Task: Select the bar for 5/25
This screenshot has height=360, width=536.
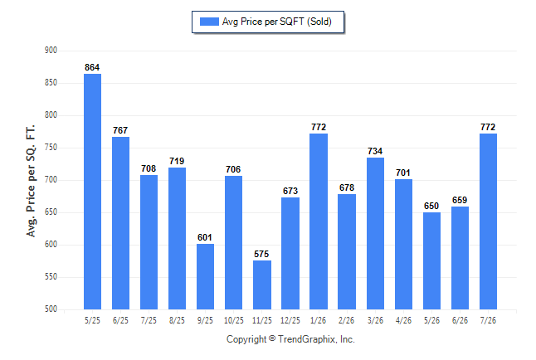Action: (x=92, y=192)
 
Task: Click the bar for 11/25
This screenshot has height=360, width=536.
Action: (x=262, y=285)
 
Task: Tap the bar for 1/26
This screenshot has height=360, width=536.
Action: (x=319, y=221)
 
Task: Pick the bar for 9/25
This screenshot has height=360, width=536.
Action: (x=205, y=276)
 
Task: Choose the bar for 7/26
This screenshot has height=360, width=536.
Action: (x=488, y=221)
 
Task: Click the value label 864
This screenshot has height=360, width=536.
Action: (x=92, y=67)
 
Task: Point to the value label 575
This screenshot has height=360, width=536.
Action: (x=261, y=254)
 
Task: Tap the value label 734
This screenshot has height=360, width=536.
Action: (x=375, y=151)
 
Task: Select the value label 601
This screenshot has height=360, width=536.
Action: (x=205, y=237)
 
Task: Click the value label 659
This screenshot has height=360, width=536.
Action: (x=460, y=200)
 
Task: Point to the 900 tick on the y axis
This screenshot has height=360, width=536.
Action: (x=51, y=51)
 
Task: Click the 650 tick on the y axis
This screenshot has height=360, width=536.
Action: (x=51, y=212)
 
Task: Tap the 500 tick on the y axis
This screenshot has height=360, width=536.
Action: (x=51, y=309)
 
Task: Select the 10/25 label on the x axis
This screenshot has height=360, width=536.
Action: (x=234, y=320)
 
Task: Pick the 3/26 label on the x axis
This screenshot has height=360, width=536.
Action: (x=375, y=320)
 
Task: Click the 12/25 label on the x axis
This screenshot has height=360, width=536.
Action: (x=290, y=320)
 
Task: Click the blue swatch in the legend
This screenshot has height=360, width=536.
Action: (x=209, y=22)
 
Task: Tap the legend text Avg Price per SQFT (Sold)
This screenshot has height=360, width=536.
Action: (x=277, y=22)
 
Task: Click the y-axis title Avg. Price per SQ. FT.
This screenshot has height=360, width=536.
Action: (x=31, y=181)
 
